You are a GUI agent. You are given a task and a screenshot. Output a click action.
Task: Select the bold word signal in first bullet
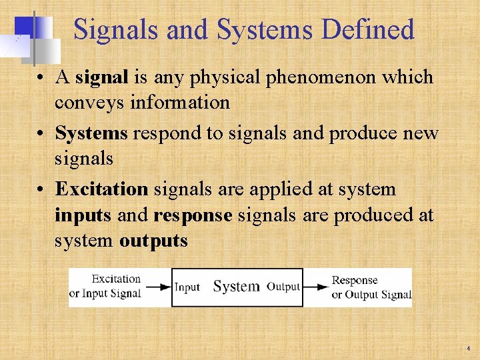coord(101,77)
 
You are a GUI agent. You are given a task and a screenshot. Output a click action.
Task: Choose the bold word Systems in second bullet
coord(91,133)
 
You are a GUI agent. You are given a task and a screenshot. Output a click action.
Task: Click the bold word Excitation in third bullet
coord(101,189)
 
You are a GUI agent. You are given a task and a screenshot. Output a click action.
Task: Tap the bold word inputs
coord(83,215)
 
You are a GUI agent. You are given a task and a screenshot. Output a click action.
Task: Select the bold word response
coord(192,215)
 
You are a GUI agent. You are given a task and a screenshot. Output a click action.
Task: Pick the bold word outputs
coord(153,241)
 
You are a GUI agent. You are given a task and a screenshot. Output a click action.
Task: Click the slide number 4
coord(469,349)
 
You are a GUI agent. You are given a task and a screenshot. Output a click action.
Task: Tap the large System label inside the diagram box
coord(236,287)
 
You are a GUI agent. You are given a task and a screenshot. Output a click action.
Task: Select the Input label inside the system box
coord(187,287)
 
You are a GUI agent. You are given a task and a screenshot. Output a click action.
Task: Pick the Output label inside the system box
coord(283,287)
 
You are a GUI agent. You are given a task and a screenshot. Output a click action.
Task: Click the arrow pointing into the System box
coord(158,287)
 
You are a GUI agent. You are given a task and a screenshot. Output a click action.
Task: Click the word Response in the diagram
coord(355,281)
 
